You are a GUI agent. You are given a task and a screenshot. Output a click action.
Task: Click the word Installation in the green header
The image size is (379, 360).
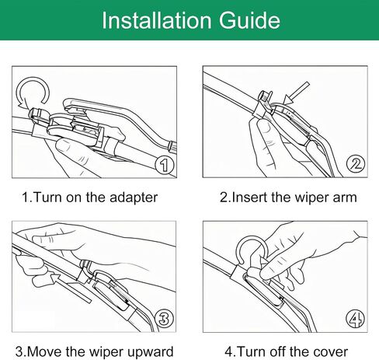157,20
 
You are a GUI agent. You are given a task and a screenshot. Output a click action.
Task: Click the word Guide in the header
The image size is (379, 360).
249,20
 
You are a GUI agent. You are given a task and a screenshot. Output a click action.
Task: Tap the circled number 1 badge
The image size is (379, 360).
165,165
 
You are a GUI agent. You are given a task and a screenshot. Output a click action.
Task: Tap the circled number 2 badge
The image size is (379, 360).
356,164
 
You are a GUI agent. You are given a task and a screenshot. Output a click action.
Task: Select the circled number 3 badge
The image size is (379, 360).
164,318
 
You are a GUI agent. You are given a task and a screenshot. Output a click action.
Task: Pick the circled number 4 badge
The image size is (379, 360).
355,319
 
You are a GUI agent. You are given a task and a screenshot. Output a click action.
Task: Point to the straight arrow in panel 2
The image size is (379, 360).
297,93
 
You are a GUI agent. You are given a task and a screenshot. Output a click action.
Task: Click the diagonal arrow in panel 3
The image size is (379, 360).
70,288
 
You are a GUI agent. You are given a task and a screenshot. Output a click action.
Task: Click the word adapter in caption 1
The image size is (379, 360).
134,198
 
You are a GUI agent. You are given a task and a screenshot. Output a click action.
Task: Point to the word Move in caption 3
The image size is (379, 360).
44,352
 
